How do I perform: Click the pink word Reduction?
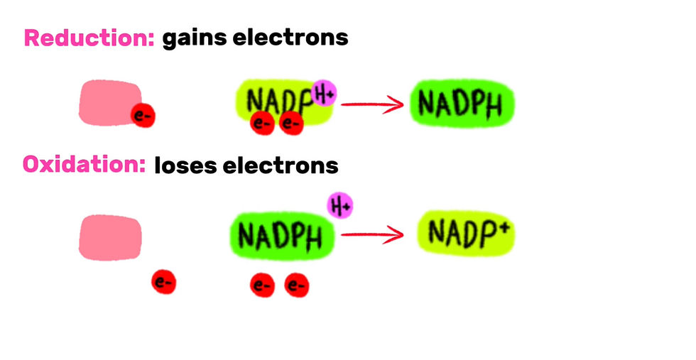[89, 38]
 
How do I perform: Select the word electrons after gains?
[290, 38]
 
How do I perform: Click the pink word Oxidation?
[85, 164]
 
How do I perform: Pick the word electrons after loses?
[281, 165]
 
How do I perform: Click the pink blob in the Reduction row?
[110, 102]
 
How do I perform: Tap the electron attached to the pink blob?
[143, 116]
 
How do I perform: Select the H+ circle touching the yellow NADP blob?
[324, 93]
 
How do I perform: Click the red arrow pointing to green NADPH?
[372, 105]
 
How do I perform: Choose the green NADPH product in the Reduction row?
[462, 104]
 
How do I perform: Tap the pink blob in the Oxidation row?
[110, 237]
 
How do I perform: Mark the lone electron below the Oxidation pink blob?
[164, 282]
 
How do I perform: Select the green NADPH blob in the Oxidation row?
[282, 236]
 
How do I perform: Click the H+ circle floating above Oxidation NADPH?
[340, 205]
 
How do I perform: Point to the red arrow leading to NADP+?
[372, 235]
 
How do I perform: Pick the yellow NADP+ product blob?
[466, 233]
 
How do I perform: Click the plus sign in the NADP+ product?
[504, 227]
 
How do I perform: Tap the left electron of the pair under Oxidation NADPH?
[262, 285]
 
